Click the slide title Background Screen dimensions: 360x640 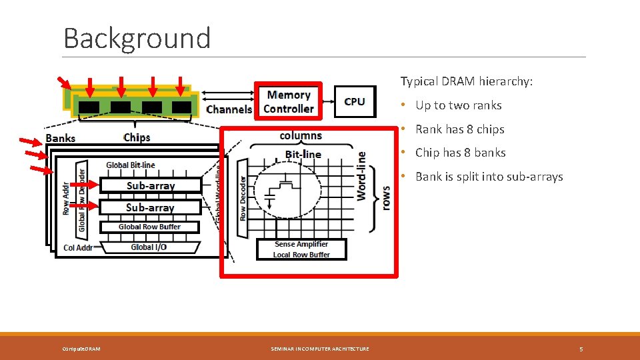pos(137,38)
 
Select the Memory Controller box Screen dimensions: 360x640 pos(289,102)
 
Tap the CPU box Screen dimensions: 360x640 pos(355,101)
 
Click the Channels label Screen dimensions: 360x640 pos(229,109)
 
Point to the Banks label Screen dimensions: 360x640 pos(61,139)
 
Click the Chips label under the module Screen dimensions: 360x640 pos(137,137)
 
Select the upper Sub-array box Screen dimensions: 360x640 pos(151,186)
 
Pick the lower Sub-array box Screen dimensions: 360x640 pos(150,207)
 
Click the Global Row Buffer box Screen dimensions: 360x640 pos(149,227)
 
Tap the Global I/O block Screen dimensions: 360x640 pos(149,247)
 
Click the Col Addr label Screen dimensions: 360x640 pos(78,248)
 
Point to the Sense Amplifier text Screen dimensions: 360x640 pos(301,245)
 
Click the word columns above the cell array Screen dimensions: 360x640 pos(300,135)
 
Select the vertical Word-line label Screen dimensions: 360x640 pos(361,175)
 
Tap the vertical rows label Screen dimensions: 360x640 pos(385,198)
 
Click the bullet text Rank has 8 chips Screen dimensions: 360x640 pos(459,129)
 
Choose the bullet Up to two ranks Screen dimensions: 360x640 pos(458,105)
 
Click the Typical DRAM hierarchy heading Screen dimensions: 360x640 pos(467,81)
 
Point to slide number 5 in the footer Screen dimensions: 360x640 pos(581,349)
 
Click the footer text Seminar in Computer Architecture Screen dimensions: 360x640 pos(320,349)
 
